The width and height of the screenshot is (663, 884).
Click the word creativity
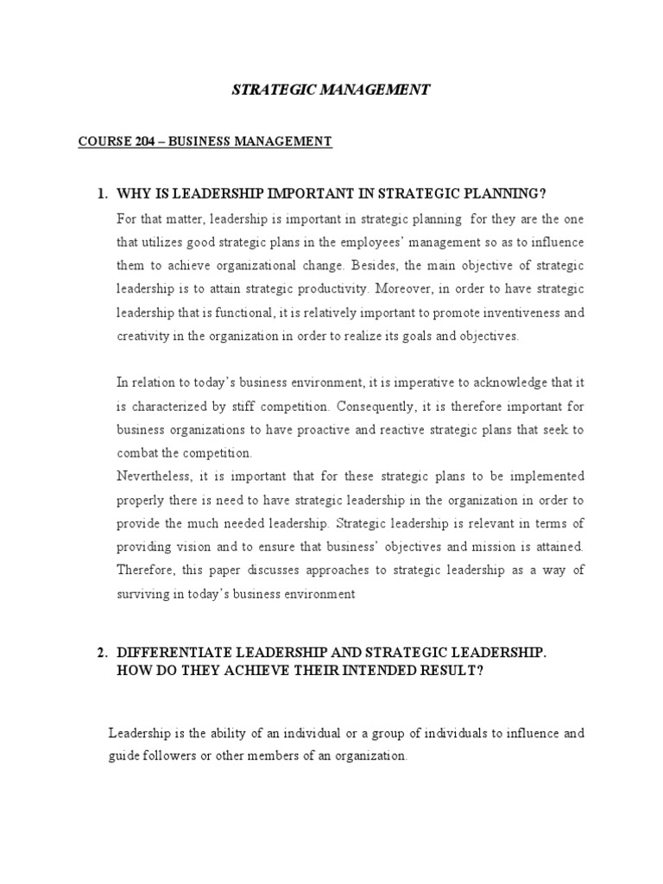pos(142,336)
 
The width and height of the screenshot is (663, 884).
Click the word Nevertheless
pos(155,476)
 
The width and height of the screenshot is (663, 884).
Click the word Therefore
pos(148,571)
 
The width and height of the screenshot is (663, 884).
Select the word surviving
pos(142,594)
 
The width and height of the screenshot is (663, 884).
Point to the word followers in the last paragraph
pos(174,755)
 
